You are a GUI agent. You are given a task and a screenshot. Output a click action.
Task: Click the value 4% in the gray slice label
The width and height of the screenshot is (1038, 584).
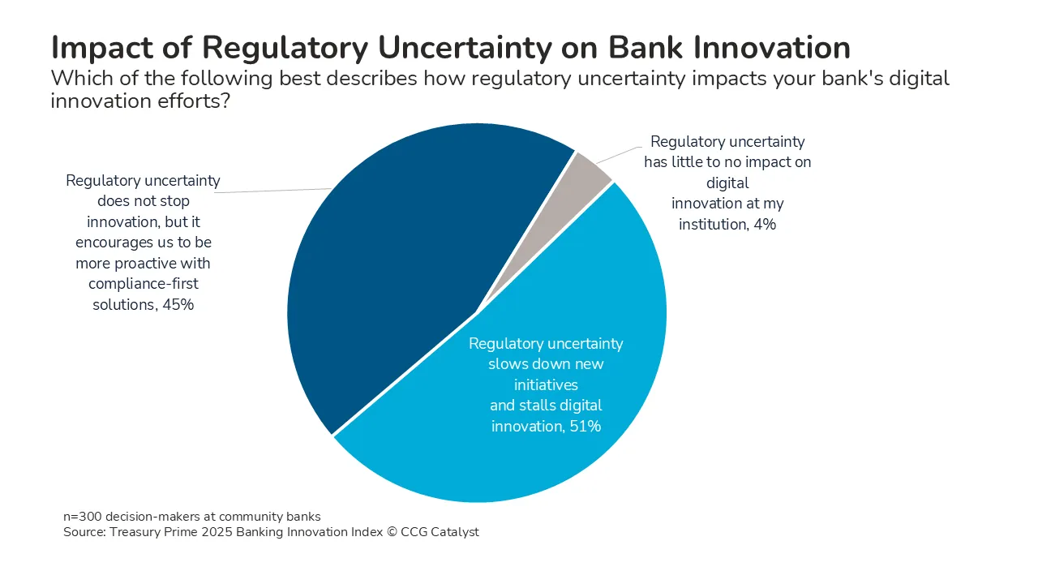point(763,225)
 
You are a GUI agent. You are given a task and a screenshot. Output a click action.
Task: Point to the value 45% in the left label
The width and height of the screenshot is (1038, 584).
point(178,306)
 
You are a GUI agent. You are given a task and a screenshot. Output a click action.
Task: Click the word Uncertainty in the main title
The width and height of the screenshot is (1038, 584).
point(461,48)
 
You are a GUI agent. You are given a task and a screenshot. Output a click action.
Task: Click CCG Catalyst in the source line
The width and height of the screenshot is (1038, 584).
point(446,533)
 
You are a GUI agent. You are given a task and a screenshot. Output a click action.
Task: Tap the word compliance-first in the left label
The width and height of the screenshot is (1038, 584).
point(144,285)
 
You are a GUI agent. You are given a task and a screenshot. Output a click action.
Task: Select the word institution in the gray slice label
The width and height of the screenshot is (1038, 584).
point(711,225)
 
